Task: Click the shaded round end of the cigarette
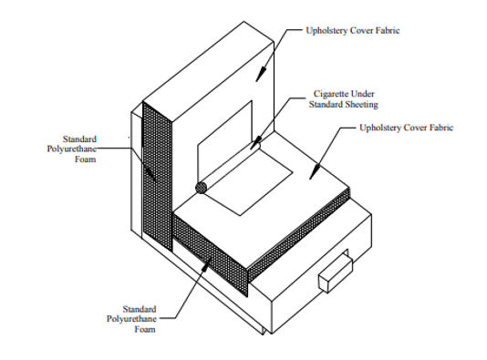[201, 188]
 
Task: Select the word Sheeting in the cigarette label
[362, 105]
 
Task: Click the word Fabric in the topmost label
[388, 30]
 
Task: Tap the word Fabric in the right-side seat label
[441, 128]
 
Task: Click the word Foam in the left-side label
[85, 159]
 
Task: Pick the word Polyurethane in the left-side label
[72, 149]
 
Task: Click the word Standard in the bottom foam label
[140, 309]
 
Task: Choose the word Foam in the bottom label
[145, 329]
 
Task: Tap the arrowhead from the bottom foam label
[207, 263]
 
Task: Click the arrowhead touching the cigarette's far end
[255, 143]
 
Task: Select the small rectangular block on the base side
[336, 273]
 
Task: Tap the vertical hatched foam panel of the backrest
[157, 176]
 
